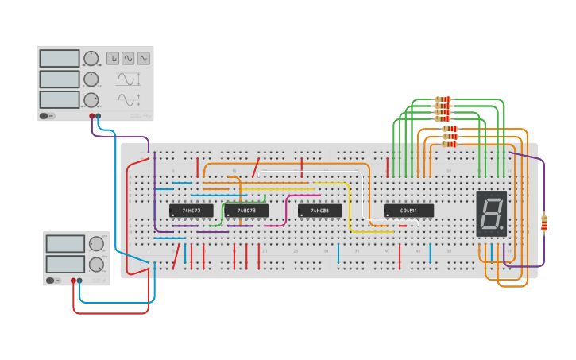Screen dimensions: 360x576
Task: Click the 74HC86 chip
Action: pyautogui.click(x=319, y=211)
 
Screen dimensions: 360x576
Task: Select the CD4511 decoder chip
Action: pyautogui.click(x=408, y=211)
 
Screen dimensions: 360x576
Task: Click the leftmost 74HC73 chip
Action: pyautogui.click(x=191, y=211)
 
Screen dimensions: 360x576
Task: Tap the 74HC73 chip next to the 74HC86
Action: pyautogui.click(x=245, y=211)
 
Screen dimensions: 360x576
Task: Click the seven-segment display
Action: pyautogui.click(x=491, y=213)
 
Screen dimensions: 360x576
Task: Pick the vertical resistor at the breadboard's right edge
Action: pyautogui.click(x=544, y=223)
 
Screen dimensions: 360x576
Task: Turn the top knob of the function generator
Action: pyautogui.click(x=91, y=58)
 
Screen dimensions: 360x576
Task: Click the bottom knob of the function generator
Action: pyautogui.click(x=91, y=99)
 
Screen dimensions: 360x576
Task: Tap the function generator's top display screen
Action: pyautogui.click(x=60, y=58)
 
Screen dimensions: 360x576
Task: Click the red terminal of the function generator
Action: pyautogui.click(x=92, y=116)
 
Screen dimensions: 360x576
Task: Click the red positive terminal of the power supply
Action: pyautogui.click(x=73, y=281)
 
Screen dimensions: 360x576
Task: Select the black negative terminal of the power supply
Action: pyautogui.click(x=80, y=281)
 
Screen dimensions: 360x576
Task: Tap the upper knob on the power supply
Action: pyautogui.click(x=95, y=244)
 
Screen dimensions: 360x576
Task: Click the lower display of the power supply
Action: pyautogui.click(x=64, y=264)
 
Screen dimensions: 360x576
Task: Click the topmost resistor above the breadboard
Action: pyautogui.click(x=443, y=99)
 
